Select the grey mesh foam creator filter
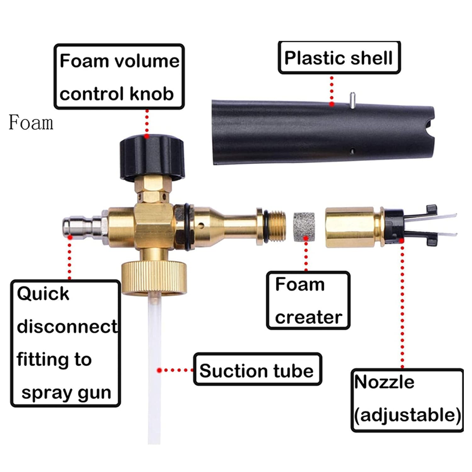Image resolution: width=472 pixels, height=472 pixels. (304, 227)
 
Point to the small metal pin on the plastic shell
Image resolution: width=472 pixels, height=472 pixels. (353, 100)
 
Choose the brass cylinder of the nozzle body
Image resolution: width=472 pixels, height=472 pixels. (349, 227)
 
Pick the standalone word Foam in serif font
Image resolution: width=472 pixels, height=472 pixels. (31, 122)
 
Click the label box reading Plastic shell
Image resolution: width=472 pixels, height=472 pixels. (339, 58)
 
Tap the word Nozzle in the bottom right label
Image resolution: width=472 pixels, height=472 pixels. (384, 382)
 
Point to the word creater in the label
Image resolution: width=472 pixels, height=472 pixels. (308, 317)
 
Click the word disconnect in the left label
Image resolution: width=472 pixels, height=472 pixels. (67, 326)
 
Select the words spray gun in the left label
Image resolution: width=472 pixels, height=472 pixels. (66, 393)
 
